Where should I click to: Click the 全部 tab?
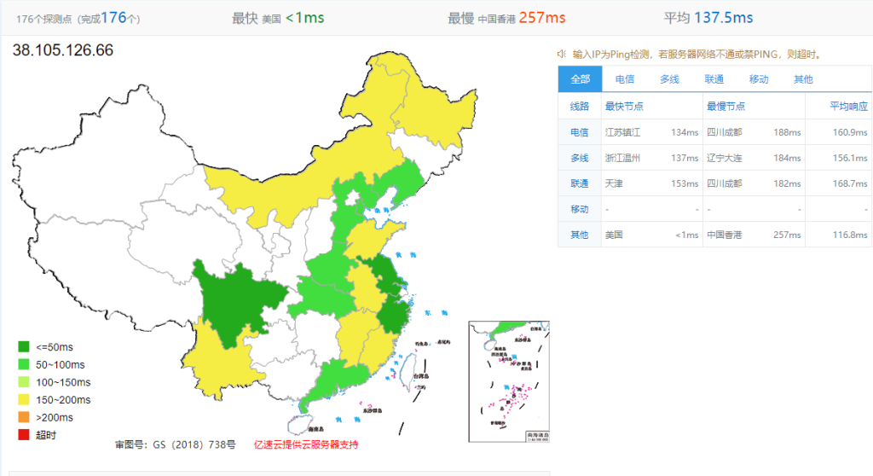580,79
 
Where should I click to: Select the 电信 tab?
625,79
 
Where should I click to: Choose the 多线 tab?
669,79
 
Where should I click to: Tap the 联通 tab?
714,79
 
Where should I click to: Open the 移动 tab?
759,79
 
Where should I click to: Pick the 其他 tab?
803,79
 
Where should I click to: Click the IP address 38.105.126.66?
63,50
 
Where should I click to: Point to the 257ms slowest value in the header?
542,18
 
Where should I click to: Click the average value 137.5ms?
724,18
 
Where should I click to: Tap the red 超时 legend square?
24,436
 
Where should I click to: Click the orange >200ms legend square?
24,418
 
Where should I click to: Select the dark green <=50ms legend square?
24,347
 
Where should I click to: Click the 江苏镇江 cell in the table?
622,132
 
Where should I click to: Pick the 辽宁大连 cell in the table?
724,158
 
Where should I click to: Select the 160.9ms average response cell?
849,132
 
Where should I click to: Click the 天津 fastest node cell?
615,183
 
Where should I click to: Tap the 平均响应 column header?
849,107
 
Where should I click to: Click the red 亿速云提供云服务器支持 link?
306,444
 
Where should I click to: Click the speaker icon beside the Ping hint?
563,54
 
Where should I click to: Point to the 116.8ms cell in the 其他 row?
849,235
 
